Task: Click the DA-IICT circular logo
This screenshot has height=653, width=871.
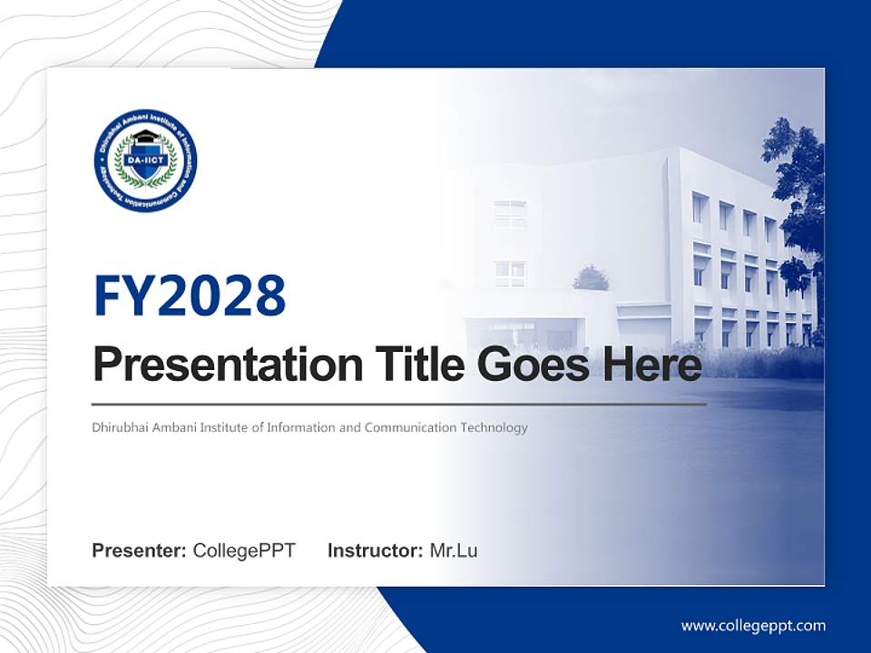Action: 145,161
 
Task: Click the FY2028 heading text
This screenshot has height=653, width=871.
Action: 190,296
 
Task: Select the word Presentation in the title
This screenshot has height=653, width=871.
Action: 215,365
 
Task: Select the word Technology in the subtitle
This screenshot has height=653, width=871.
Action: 495,427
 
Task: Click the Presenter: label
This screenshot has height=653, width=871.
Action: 140,551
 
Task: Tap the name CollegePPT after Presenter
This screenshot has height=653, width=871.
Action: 244,551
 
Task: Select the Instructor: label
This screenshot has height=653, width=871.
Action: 375,551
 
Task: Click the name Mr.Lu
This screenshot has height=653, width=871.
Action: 453,551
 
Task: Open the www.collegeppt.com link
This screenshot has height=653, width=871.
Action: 753,626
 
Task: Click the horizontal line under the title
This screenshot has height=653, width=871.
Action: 399,404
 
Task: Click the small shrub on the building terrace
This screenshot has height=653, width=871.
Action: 591,278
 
